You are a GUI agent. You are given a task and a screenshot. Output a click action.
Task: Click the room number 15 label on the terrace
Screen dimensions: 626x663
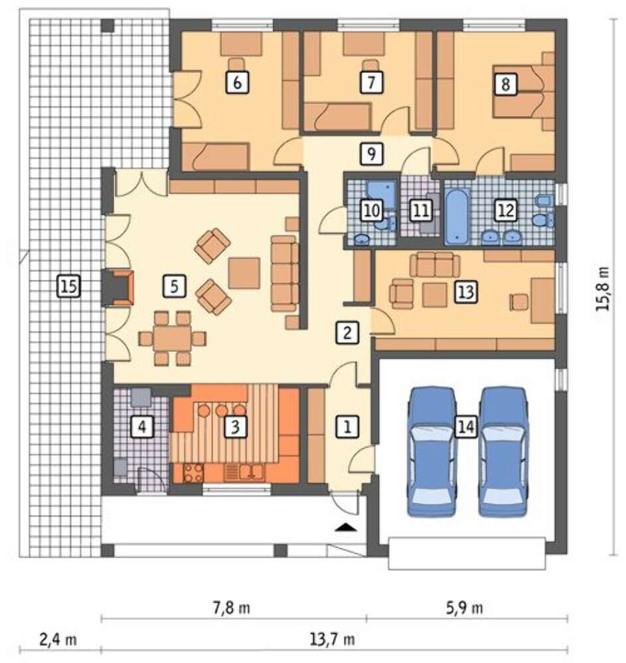point(68,286)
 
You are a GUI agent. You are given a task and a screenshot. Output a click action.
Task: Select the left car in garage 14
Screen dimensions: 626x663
point(431,452)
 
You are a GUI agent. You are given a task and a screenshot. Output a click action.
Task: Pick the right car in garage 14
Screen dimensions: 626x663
point(503,452)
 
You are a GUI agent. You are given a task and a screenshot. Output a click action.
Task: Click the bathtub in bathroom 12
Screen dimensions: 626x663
point(457,217)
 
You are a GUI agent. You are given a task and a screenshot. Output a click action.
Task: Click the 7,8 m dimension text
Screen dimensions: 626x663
point(231,608)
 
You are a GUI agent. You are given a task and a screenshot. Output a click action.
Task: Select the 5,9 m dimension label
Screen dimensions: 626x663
point(464,608)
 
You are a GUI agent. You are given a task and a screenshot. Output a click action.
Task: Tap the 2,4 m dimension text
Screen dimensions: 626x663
point(58,639)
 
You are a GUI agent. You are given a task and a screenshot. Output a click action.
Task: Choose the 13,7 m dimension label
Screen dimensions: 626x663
point(333,639)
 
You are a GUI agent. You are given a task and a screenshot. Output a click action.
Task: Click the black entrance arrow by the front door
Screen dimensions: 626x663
point(347,526)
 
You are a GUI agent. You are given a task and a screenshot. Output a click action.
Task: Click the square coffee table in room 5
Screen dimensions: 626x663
point(244,273)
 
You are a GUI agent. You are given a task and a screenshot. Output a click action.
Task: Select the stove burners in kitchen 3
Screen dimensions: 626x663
point(193,473)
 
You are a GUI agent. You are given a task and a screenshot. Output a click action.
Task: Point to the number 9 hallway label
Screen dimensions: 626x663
point(371,154)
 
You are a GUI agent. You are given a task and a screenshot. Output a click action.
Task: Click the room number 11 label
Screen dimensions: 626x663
point(420,210)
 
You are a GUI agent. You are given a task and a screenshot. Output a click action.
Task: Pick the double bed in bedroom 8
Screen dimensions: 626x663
point(524,91)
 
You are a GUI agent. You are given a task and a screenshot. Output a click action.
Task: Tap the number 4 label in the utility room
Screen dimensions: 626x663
point(142,426)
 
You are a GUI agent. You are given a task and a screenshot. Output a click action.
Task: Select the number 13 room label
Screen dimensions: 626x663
point(466,292)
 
